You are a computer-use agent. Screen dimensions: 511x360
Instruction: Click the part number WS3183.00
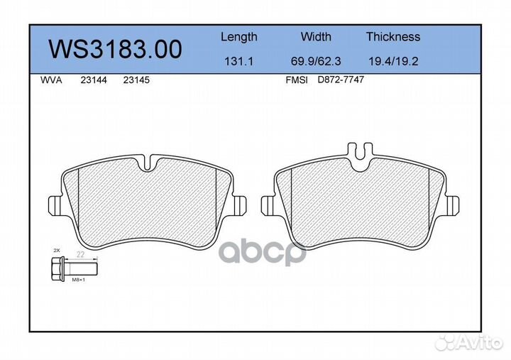(115, 49)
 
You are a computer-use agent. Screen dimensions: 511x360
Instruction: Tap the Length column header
(239, 37)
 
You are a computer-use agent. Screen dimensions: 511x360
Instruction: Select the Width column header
(316, 36)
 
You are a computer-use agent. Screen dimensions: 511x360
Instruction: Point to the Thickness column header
(393, 36)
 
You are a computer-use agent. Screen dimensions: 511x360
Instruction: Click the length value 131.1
(239, 61)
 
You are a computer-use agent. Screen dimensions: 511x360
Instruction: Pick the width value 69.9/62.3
(316, 61)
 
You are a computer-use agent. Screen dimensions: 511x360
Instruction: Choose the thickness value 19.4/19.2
(393, 61)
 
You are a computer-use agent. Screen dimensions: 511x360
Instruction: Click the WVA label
(51, 80)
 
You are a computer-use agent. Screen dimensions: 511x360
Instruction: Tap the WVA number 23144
(94, 80)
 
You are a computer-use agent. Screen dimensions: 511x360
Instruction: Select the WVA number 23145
(136, 80)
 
